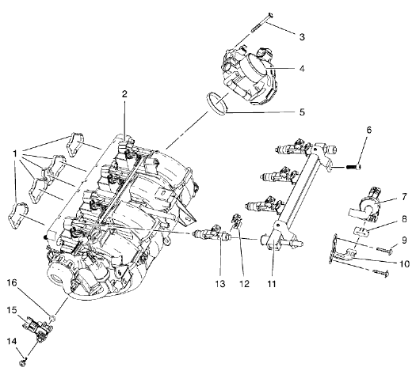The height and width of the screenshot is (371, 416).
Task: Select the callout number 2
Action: [x=124, y=94]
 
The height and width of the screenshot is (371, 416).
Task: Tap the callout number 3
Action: [x=301, y=36]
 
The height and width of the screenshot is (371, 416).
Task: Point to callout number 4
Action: [x=301, y=68]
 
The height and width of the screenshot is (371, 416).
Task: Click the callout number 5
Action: [x=301, y=112]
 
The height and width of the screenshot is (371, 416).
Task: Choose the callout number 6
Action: [x=368, y=130]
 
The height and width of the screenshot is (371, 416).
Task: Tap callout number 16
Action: [x=12, y=282]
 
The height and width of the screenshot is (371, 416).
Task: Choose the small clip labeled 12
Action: [x=235, y=223]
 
